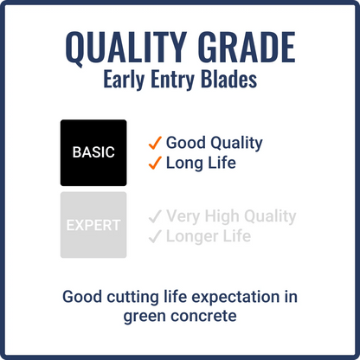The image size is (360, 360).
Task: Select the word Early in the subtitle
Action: pyautogui.click(x=126, y=82)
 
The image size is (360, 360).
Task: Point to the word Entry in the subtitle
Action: pyautogui.click(x=176, y=82)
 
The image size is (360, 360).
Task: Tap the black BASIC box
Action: pyautogui.click(x=93, y=152)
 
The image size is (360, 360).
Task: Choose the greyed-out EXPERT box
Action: pyautogui.click(x=93, y=225)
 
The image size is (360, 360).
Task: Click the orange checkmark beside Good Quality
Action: pyautogui.click(x=155, y=143)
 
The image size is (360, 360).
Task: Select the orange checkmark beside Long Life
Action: pyautogui.click(x=155, y=162)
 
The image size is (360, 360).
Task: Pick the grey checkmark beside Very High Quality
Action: pyautogui.click(x=155, y=216)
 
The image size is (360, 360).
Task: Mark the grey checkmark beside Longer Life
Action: pyautogui.click(x=155, y=235)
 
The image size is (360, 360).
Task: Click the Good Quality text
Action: pyautogui.click(x=214, y=143)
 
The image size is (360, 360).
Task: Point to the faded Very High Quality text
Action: pyautogui.click(x=231, y=216)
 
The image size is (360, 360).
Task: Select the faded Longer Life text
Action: pyautogui.click(x=209, y=235)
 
